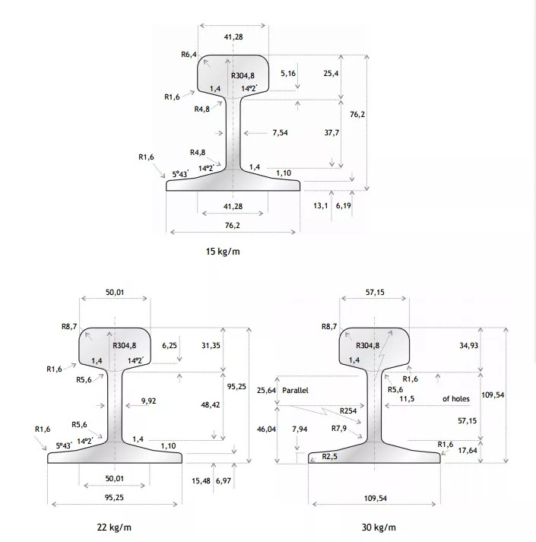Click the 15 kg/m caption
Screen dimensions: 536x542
(x=223, y=252)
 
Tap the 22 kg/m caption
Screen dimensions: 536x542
(x=114, y=527)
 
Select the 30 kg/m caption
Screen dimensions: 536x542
(x=379, y=527)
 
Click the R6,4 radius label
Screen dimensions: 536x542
(x=189, y=54)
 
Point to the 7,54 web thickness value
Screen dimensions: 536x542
(x=280, y=133)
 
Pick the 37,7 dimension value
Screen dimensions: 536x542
(x=331, y=133)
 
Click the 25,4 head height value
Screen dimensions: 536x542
(x=331, y=73)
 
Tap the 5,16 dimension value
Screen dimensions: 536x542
(x=288, y=73)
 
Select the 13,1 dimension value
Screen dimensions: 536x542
(x=321, y=206)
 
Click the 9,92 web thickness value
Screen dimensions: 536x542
(x=149, y=401)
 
